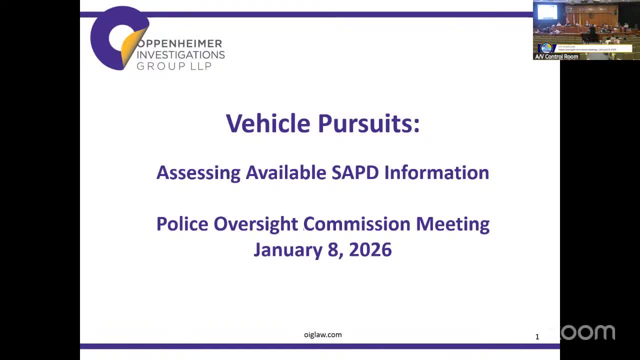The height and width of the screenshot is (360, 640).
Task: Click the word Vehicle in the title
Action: tap(268, 123)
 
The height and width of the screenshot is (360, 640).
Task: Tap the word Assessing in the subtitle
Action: tap(198, 173)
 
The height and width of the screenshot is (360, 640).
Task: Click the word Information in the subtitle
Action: tap(436, 172)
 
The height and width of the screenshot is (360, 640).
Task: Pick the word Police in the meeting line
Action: tap(182, 223)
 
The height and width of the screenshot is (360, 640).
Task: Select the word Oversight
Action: tap(255, 224)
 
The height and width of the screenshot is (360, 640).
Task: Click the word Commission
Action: tap(357, 223)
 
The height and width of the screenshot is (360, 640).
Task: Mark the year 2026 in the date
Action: tap(370, 249)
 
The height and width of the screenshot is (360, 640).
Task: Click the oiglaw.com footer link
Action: tap(322, 334)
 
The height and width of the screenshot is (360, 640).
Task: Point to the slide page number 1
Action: tap(537, 337)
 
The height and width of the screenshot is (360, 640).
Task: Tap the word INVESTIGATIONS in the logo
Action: tap(180, 54)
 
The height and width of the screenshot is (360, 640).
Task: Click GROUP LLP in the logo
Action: tap(174, 65)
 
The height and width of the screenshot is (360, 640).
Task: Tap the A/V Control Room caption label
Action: tap(556, 56)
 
